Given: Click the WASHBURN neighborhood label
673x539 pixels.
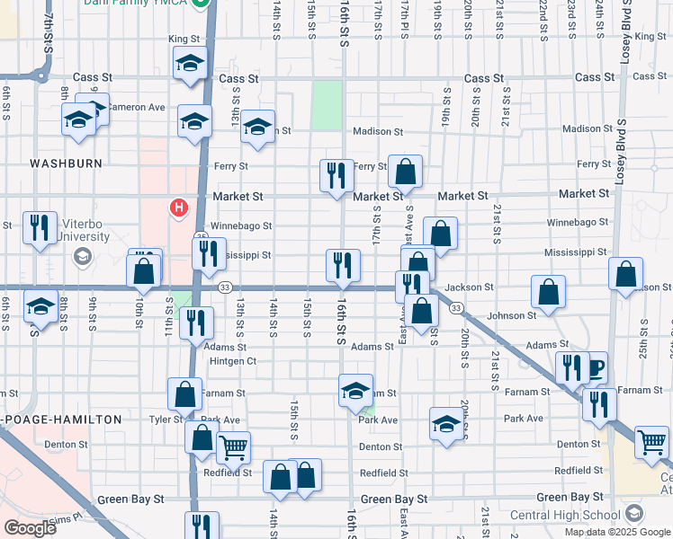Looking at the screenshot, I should [65, 163].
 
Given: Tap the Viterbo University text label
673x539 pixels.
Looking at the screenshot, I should [81, 231].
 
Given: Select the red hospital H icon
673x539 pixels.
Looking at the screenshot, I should [179, 208].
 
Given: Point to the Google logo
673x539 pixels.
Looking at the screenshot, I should [30, 527].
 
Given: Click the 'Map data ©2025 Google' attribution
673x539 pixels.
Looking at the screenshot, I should [617, 532].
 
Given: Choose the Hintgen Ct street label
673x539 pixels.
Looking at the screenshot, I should [233, 361].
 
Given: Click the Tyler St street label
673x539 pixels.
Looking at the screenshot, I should [166, 420].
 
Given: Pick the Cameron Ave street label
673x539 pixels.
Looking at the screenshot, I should [137, 107].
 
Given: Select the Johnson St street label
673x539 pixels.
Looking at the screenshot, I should [511, 315].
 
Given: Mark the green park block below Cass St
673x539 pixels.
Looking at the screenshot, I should [327, 105].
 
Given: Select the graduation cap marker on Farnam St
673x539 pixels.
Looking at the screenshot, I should [356, 390].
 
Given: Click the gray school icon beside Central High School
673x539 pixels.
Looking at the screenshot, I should [633, 514].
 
